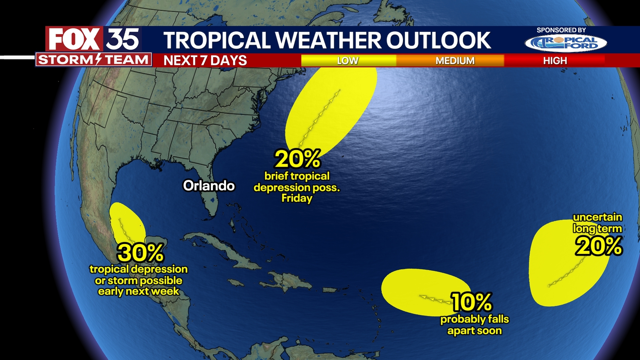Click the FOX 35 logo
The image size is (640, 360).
pos(93,39)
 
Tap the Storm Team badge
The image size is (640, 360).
pos(93,60)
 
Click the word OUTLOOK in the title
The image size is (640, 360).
pos(438,40)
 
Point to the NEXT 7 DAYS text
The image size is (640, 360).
pos(205,61)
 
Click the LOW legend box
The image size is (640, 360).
pos(348,61)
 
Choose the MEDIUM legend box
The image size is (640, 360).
pos(455,61)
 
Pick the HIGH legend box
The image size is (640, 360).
pos(555,61)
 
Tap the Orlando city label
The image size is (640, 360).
pos(209,186)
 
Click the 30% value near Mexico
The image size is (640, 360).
pos(140,253)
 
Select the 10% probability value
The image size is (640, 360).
pos(471,302)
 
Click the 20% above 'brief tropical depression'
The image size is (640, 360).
pos(297,159)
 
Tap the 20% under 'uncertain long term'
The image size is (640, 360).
pos(598,246)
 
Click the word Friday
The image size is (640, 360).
pos(297,198)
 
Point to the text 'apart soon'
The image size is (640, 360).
pos(474,331)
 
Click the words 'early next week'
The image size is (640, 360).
pos(138,292)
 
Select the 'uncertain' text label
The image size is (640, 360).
pos(597,217)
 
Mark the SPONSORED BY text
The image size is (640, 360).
pos(561,30)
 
